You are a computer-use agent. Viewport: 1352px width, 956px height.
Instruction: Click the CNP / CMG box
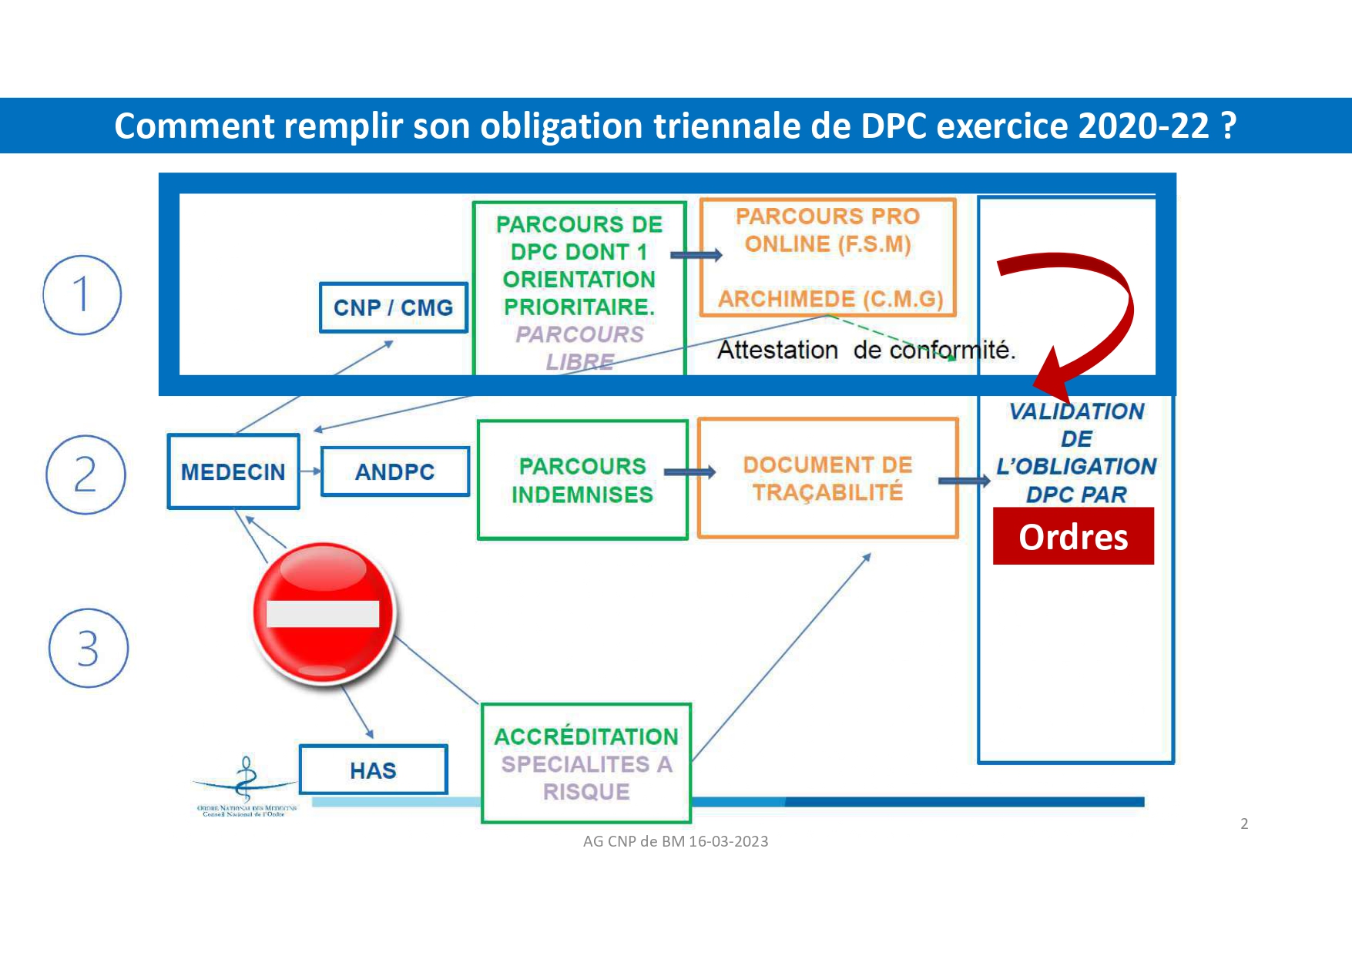[393, 307]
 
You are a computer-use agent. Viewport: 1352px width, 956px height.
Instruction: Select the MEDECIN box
[233, 471]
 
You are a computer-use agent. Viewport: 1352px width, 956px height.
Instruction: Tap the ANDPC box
[394, 471]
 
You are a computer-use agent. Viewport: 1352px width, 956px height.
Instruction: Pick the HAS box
[373, 770]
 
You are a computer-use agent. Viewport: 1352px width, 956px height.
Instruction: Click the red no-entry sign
[324, 613]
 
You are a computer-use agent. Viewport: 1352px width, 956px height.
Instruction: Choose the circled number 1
[82, 295]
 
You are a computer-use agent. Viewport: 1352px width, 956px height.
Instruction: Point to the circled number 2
[86, 475]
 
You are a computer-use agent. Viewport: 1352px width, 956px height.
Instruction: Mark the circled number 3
[88, 648]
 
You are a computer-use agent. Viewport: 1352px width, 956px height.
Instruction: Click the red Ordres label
[1073, 536]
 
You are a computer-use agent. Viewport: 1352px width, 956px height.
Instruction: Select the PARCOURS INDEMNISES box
[582, 480]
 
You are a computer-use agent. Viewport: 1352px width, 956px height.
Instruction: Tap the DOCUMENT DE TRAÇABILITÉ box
[827, 478]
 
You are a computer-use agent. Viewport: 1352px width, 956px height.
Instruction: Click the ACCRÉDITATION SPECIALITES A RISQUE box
[586, 763]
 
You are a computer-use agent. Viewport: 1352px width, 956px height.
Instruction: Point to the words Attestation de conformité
[866, 350]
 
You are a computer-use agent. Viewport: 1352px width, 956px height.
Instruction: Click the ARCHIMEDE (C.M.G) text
[830, 299]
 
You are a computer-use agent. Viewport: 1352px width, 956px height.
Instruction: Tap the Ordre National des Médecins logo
[246, 787]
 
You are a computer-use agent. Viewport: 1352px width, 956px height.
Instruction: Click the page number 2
[1244, 824]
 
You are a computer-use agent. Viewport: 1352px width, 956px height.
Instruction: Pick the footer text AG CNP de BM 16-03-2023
[676, 841]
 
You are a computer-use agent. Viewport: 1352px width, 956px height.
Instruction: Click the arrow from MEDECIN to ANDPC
[310, 471]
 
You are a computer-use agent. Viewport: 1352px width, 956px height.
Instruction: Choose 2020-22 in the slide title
[1144, 126]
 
